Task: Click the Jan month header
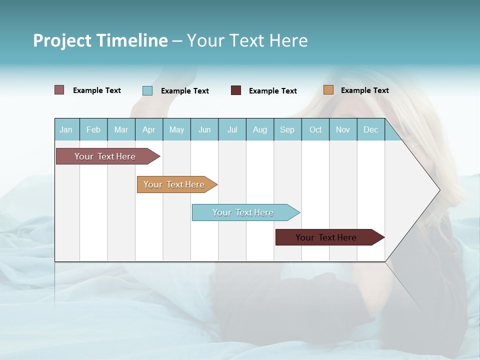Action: pos(66,130)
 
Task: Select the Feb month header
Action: pos(93,130)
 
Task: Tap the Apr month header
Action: pos(148,130)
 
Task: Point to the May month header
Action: pos(176,130)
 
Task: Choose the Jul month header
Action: pos(232,130)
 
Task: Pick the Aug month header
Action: pos(260,130)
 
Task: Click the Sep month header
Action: pos(287,130)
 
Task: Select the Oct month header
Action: pos(315,130)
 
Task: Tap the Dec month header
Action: pos(371,130)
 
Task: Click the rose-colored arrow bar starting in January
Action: pos(105,156)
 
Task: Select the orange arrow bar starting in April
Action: pos(174,184)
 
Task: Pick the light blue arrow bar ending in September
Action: pos(243,212)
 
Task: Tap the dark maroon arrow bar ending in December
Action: pos(326,237)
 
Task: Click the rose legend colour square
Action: pos(59,90)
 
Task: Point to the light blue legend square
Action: pos(147,90)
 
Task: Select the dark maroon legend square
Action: pos(236,90)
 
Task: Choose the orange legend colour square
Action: pos(328,90)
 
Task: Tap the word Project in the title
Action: pos(62,40)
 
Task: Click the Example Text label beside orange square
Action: pos(365,90)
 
